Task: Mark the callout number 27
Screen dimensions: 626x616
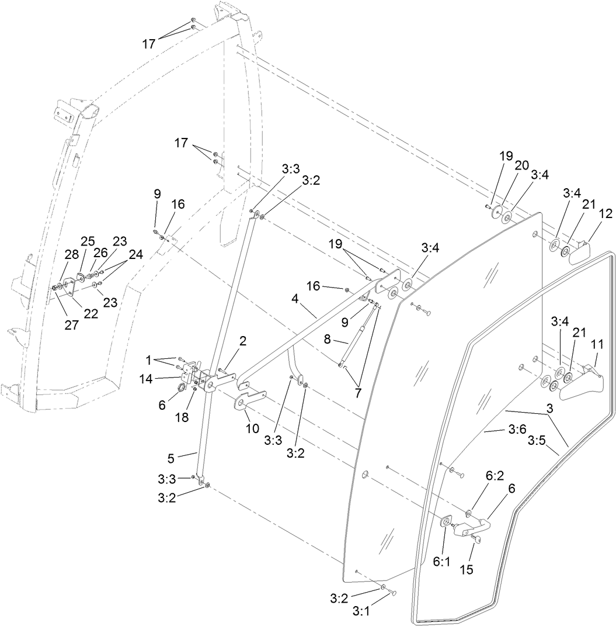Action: (x=72, y=326)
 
